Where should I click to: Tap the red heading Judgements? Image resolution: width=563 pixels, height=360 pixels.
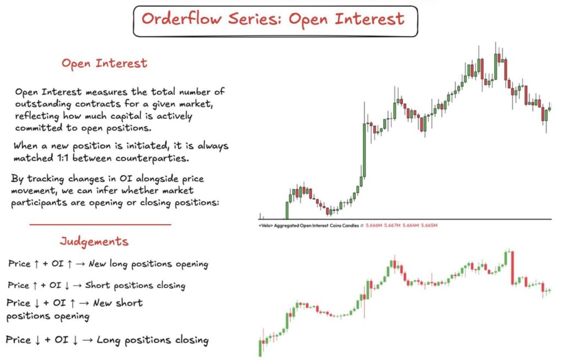tap(94, 241)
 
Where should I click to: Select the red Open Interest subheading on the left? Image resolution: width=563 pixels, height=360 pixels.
tap(104, 63)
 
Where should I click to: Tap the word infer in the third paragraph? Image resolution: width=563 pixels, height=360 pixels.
tap(123, 190)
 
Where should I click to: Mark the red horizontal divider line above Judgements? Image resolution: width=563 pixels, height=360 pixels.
tap(100, 224)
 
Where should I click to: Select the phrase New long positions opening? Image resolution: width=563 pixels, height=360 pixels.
tap(148, 264)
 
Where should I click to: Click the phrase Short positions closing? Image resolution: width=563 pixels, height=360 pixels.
tap(140, 286)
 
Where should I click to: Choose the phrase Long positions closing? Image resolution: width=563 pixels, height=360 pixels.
tap(152, 340)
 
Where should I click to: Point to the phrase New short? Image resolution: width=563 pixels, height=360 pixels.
tap(118, 303)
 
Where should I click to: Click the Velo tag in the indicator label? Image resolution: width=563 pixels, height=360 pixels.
tap(265, 226)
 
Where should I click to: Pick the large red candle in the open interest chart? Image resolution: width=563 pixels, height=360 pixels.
tap(512, 268)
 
